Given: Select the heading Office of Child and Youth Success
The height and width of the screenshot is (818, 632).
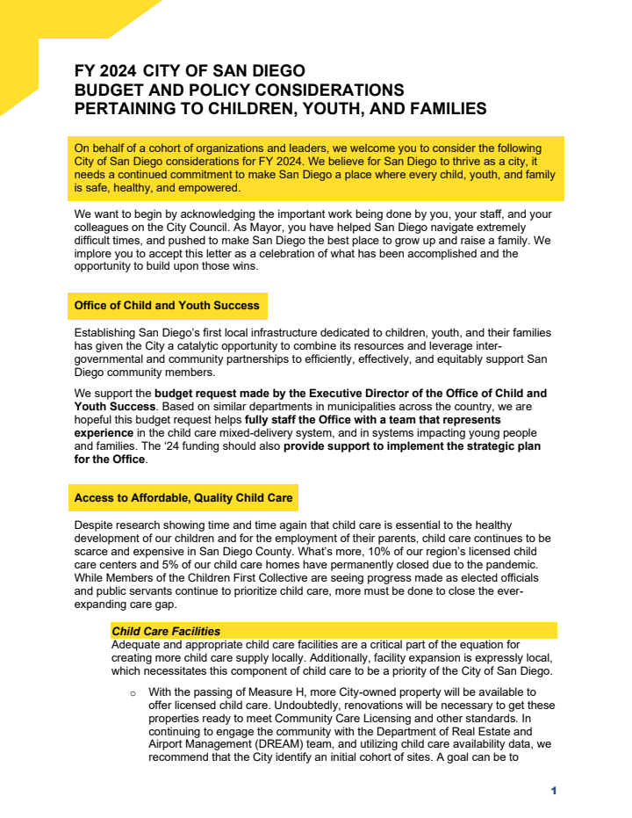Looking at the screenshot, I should pos(167,306).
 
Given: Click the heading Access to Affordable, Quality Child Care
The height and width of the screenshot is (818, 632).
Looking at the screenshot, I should pos(183,497).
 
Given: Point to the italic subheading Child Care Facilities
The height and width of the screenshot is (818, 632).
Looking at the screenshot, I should pos(166,631).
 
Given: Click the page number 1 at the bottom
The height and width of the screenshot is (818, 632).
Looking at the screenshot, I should pos(554,791).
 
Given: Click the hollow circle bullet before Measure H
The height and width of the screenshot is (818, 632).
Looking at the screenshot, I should pos(133,694).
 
